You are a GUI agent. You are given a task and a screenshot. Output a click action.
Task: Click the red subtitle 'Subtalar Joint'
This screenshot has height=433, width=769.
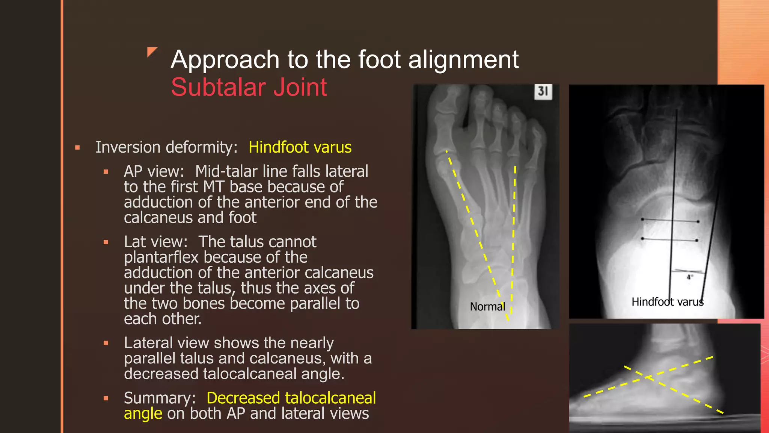[249, 87]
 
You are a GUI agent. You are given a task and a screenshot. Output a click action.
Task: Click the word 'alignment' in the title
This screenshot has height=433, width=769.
[463, 60]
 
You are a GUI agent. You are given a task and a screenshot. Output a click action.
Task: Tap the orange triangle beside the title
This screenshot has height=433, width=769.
[152, 52]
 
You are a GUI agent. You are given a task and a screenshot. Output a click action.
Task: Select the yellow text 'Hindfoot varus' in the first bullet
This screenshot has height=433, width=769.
[300, 147]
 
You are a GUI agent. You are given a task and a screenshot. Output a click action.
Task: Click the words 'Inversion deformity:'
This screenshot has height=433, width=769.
[166, 147]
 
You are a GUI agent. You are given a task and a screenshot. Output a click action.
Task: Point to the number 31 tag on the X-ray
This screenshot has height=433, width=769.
[543, 91]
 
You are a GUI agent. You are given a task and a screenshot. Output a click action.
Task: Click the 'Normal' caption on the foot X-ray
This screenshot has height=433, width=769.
[487, 307]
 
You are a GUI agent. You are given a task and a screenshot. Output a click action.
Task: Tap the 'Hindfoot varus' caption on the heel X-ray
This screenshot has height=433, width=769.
[667, 302]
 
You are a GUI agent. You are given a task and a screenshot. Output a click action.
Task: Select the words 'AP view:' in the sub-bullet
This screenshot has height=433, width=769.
[154, 171]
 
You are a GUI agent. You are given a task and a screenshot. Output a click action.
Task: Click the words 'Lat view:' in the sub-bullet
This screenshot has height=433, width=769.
[155, 242]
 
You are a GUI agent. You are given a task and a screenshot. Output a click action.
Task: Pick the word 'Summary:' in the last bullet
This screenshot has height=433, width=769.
[160, 398]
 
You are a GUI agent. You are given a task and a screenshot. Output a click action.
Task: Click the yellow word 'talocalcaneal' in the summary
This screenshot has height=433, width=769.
[333, 398]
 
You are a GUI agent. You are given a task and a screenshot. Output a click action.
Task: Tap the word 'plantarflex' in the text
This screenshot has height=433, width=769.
[161, 257]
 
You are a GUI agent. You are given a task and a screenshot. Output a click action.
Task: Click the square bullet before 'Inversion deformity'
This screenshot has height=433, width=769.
[77, 148]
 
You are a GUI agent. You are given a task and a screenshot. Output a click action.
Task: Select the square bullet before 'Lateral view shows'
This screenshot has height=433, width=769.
[106, 343]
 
